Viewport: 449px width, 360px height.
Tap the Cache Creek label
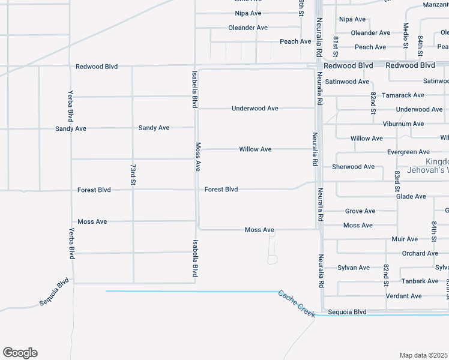[x=297, y=304]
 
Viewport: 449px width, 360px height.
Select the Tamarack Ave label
[x=403, y=95]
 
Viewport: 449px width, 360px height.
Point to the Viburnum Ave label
[x=403, y=124]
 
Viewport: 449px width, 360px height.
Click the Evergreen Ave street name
[x=408, y=152]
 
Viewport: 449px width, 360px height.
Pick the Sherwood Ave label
[x=353, y=167]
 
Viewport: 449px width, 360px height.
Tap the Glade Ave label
[x=411, y=197]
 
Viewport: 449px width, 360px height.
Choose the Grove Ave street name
[x=360, y=211]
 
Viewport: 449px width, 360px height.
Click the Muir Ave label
[x=405, y=239]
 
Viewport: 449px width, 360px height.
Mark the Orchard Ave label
[x=420, y=254]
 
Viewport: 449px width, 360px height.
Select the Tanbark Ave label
[x=420, y=281]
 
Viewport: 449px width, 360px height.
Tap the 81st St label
[x=336, y=44]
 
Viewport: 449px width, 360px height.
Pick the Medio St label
[x=406, y=35]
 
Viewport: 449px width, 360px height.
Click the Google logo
[x=20, y=353]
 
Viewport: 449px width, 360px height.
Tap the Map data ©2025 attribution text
[x=423, y=355]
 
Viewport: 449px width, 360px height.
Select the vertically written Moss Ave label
[x=197, y=157]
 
